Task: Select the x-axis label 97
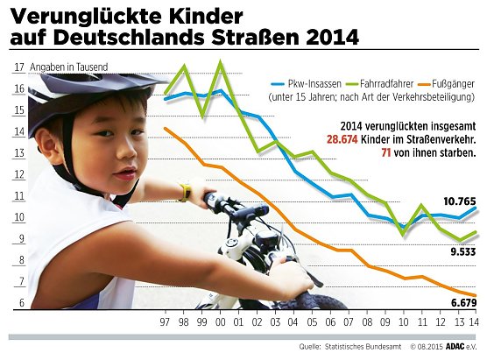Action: pos(166,321)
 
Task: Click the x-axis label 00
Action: pos(220,321)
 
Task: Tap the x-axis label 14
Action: pos(474,321)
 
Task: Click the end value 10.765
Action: pos(458,201)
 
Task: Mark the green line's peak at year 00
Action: pos(220,62)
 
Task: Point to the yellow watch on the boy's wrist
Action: pos(185,190)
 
